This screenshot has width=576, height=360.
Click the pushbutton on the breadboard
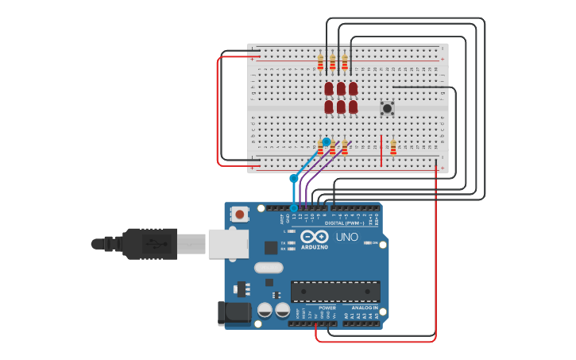(388, 108)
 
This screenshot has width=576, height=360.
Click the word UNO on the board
(347, 237)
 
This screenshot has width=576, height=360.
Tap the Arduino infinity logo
(314, 237)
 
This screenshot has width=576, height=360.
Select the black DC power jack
(234, 312)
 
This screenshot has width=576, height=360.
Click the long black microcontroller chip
(335, 292)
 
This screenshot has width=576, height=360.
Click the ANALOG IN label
(365, 308)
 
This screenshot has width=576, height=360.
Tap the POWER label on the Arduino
(327, 308)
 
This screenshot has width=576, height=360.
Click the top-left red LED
(329, 88)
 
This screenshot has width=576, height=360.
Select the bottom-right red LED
(353, 106)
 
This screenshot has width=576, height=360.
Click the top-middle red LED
(341, 88)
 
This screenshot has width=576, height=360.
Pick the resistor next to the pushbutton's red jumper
(393, 146)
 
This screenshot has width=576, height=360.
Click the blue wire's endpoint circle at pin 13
(293, 208)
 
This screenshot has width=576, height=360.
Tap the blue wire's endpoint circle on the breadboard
(326, 141)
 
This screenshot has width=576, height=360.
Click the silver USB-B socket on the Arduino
(227, 243)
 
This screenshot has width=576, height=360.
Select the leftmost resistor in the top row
(321, 62)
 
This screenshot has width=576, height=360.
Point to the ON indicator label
(374, 242)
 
